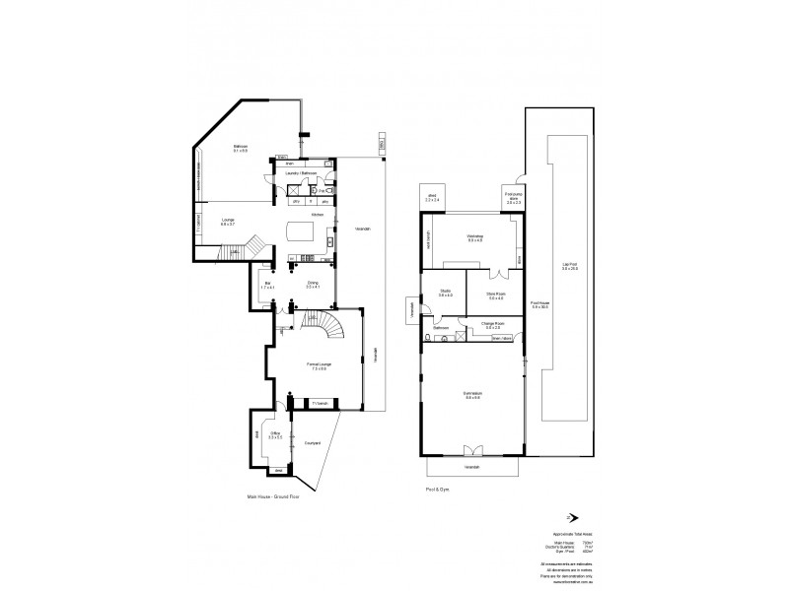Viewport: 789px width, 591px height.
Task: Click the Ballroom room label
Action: pyautogui.click(x=240, y=149)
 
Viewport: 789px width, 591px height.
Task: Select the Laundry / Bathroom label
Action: pyautogui.click(x=300, y=173)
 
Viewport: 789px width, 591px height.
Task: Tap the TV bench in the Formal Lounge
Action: pyautogui.click(x=319, y=402)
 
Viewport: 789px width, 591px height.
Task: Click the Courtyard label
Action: pyautogui.click(x=313, y=442)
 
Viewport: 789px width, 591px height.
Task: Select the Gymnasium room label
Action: pyautogui.click(x=470, y=396)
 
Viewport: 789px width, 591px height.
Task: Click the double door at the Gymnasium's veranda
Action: pyautogui.click(x=470, y=451)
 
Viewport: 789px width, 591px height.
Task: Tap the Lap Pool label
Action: pyautogui.click(x=568, y=267)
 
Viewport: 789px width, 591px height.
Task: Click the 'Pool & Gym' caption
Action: pyautogui.click(x=432, y=488)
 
